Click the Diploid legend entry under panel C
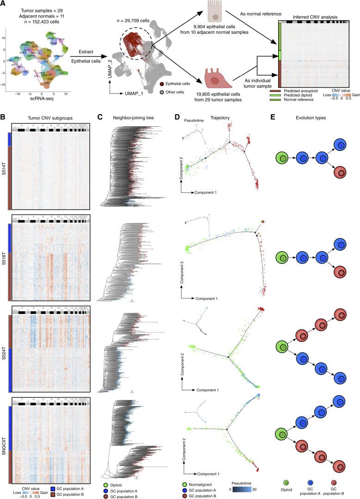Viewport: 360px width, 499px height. click(119, 481)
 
